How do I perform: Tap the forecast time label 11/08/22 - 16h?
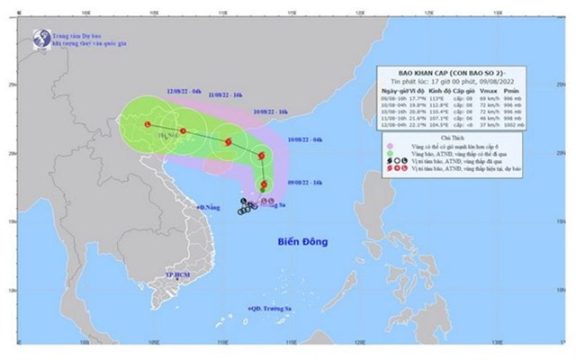pos(224,94)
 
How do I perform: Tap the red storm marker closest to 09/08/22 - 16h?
pos(265,184)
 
